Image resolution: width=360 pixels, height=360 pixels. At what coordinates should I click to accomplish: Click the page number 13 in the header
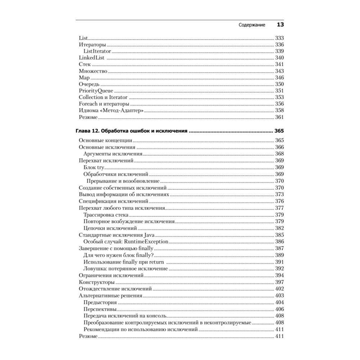point(280,25)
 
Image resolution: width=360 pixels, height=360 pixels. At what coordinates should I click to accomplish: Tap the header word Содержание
point(252,25)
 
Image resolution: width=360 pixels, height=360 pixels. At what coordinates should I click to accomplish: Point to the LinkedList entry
point(92,58)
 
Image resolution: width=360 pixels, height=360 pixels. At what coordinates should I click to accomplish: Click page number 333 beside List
point(279,38)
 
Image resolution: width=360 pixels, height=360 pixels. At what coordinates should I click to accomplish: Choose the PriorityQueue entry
point(94,91)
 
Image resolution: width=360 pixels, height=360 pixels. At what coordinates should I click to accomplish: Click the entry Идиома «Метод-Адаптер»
point(111,111)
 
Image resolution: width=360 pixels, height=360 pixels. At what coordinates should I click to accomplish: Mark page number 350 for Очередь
point(279,84)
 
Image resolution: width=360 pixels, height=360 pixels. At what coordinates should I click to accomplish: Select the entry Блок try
point(93,167)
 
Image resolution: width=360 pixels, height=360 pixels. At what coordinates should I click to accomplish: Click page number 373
point(279,194)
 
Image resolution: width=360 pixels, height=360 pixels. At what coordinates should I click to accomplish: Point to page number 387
point(279,248)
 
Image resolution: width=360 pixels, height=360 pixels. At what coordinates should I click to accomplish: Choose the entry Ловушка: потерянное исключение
point(125,269)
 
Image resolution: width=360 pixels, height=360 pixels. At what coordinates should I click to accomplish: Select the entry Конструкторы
point(97,282)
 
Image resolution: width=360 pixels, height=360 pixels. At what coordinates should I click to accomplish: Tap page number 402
point(279,289)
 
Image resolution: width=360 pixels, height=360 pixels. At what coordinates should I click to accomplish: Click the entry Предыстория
point(100,302)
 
